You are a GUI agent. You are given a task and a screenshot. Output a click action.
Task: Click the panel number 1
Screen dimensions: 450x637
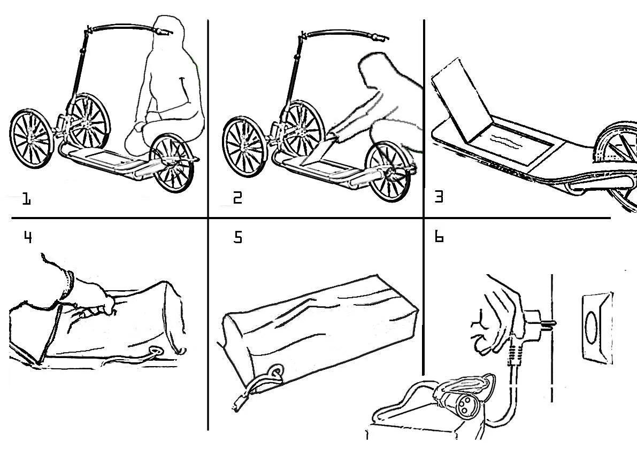pyautogui.click(x=26, y=200)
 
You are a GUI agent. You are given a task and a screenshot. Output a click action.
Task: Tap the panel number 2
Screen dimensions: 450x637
pyautogui.click(x=237, y=198)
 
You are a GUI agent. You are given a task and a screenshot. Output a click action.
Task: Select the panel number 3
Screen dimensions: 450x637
pyautogui.click(x=439, y=197)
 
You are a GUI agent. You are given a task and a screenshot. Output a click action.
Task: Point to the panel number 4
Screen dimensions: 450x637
pyautogui.click(x=27, y=237)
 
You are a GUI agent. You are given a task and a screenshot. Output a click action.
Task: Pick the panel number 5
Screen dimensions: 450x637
pyautogui.click(x=238, y=237)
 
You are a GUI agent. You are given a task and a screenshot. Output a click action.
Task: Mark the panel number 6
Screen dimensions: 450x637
pyautogui.click(x=439, y=237)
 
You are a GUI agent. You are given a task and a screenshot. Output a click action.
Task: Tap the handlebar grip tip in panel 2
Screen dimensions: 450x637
pyautogui.click(x=381, y=37)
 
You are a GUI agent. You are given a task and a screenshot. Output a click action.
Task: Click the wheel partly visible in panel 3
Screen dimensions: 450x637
pyautogui.click(x=620, y=155)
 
